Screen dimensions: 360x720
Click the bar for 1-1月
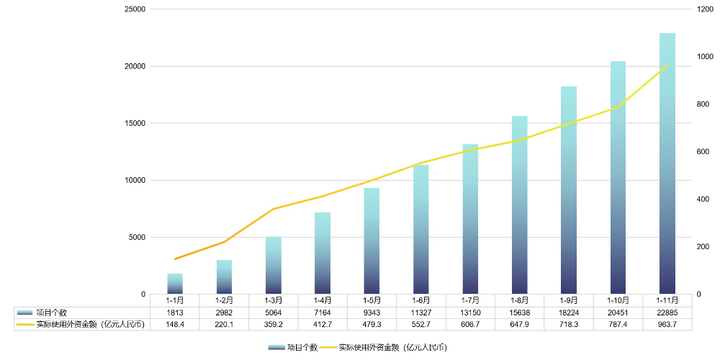point(175,284)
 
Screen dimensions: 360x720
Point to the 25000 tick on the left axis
point(135,9)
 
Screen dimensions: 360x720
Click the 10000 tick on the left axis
point(135,181)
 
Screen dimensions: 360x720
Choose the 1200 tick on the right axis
point(705,9)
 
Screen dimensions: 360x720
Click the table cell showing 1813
point(175,312)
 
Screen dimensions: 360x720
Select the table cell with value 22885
point(667,312)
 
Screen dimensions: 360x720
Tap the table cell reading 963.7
point(667,325)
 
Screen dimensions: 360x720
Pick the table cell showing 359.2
point(274,325)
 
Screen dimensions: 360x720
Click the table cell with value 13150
point(470,312)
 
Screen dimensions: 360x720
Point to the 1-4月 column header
point(323,300)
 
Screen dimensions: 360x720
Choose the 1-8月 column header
point(520,300)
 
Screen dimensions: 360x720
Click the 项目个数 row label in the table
point(52,312)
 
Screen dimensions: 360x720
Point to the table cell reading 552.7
point(421,325)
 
